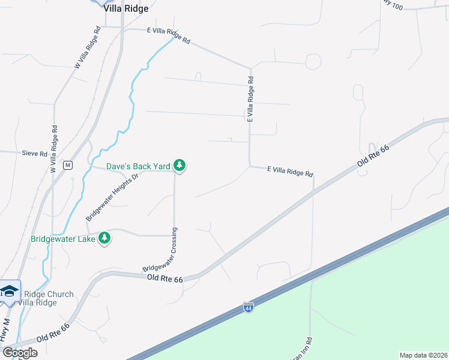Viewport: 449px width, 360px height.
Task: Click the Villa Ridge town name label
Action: tap(125, 8)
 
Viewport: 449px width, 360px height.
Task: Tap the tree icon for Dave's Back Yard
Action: tap(179, 165)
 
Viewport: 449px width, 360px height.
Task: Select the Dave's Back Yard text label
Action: tap(139, 166)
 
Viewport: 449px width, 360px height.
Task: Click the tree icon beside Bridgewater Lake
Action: tap(105, 238)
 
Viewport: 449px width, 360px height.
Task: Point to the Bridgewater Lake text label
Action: tap(64, 239)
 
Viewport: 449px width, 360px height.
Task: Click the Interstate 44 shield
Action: tap(248, 308)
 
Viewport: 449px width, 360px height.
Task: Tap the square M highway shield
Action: tap(68, 166)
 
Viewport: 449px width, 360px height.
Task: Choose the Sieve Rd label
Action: tap(35, 154)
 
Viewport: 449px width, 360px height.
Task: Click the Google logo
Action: tap(20, 352)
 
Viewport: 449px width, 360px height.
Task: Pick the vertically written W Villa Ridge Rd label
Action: tap(54, 148)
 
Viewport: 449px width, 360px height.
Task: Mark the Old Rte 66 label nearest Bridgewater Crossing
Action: tap(164, 278)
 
